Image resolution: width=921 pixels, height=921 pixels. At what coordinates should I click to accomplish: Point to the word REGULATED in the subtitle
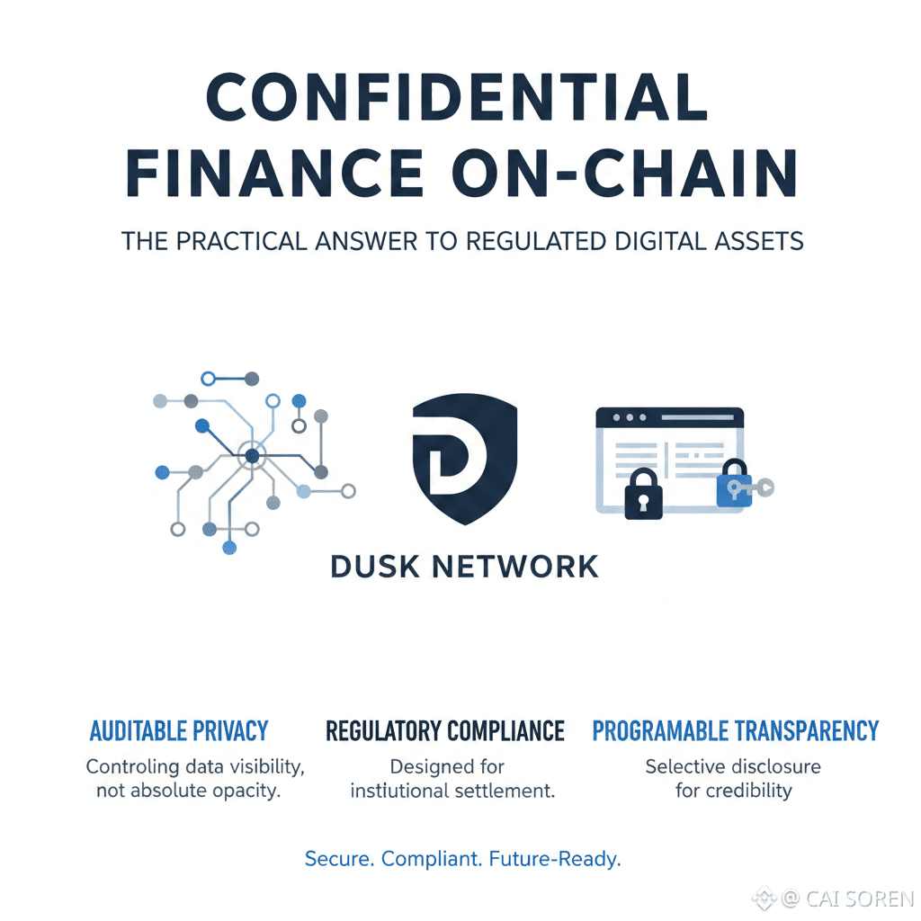tap(529, 241)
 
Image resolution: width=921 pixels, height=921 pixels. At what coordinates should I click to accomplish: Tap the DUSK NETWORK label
tap(464, 567)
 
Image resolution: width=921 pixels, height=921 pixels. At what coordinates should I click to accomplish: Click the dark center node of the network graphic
tap(252, 456)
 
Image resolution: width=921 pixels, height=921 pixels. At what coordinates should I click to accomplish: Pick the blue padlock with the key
tap(734, 487)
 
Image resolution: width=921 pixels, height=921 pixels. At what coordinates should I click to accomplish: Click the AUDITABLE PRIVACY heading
tap(179, 731)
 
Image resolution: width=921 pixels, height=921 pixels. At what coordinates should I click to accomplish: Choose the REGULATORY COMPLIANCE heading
tap(445, 731)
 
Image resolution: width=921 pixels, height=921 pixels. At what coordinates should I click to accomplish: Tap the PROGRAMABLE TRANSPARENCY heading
tap(735, 731)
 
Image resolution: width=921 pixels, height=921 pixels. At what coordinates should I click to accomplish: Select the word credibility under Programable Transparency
tap(748, 791)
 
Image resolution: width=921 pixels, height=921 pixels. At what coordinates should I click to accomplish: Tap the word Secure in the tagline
tap(338, 858)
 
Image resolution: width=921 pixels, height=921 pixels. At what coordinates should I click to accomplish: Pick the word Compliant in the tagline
tap(431, 858)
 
